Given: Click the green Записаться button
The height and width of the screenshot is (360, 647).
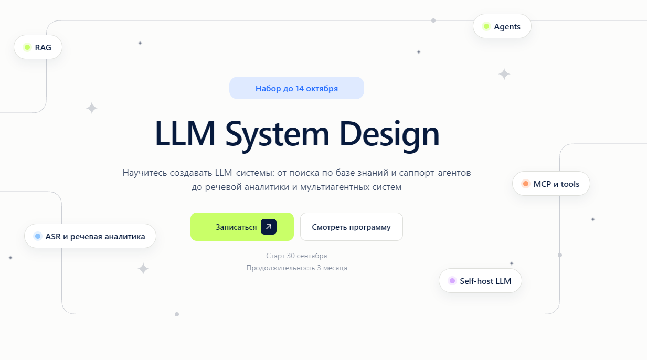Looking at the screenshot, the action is click(242, 227).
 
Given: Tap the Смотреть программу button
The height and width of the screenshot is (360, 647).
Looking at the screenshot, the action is click(352, 227).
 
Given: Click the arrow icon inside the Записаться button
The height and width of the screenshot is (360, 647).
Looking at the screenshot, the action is click(269, 227).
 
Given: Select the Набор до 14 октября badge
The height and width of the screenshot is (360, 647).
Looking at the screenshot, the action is click(296, 88).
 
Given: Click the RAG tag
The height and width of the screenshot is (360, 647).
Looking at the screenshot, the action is click(38, 47).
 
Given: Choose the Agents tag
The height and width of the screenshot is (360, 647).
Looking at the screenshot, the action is click(502, 26).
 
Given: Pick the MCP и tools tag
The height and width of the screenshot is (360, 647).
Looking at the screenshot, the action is click(551, 184).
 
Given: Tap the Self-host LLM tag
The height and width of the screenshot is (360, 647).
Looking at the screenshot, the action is click(480, 281).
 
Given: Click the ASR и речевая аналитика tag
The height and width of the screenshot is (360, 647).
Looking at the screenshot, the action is click(90, 236).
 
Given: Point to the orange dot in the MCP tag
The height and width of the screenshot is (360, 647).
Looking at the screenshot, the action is click(526, 184).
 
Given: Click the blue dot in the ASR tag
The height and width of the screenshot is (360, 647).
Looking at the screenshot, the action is click(38, 236).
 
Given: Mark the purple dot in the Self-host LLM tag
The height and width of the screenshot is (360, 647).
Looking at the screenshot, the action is click(452, 281).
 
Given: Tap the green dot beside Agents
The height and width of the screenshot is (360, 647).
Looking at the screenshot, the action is click(486, 26).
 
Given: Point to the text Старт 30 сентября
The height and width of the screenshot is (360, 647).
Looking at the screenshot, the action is click(296, 256).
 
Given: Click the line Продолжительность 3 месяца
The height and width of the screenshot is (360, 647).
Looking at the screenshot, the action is click(296, 268).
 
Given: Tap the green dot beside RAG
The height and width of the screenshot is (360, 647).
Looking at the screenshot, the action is click(27, 47).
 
